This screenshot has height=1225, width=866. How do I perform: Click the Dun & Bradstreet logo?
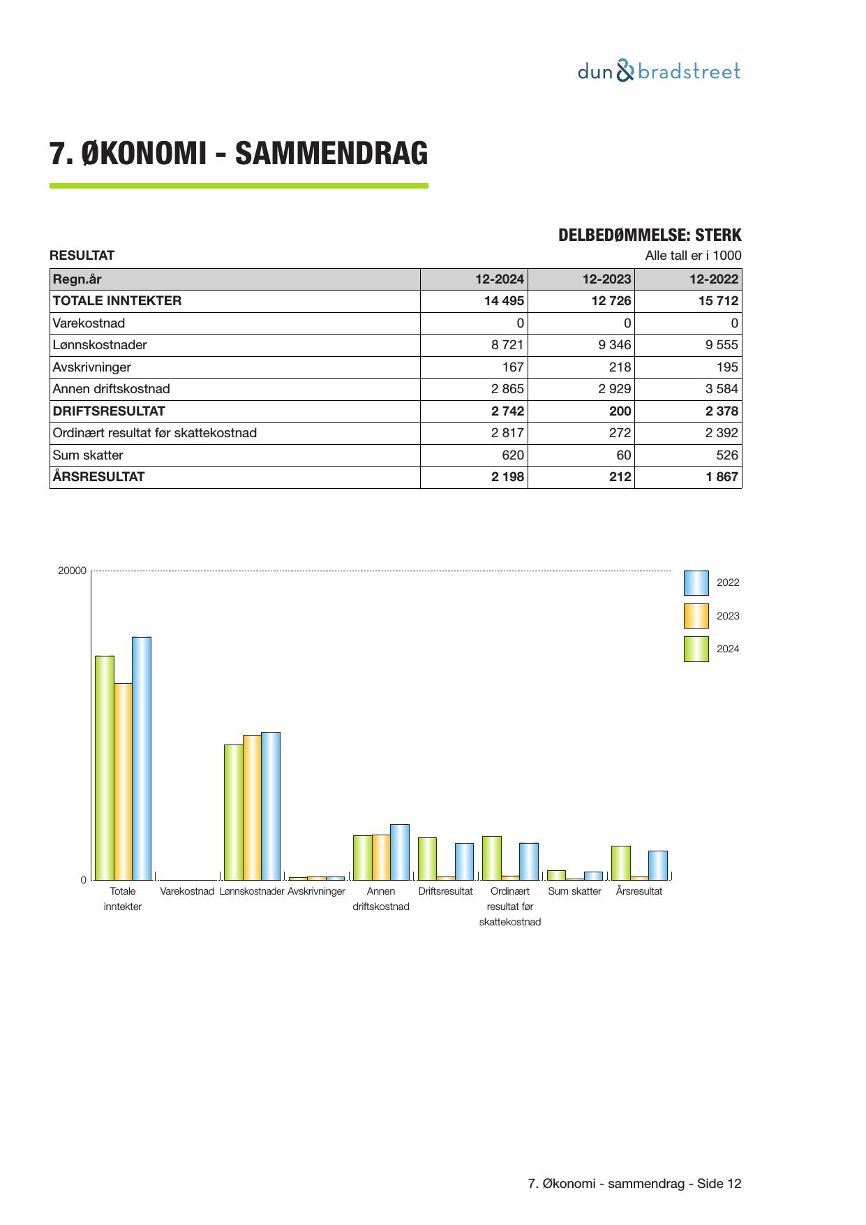coord(659,71)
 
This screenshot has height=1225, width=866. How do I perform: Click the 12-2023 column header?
coord(606,279)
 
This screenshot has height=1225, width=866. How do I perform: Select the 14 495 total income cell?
coord(500,301)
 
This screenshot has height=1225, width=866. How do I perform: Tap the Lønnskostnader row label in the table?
coord(100,345)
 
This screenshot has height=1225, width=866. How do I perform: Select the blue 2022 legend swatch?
coord(696,582)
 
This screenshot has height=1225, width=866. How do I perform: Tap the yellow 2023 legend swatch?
coord(696,616)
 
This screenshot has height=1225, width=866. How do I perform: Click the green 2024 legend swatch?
coord(696,649)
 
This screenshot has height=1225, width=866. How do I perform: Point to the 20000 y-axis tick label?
coord(72,571)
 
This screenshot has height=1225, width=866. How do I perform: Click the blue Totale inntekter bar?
coord(142,758)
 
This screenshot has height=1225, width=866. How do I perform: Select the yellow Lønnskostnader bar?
coord(252,807)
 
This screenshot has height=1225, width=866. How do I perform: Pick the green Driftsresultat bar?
coord(427,858)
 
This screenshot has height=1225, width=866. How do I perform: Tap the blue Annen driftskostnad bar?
coord(400,852)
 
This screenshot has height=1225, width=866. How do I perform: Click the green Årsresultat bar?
coord(620,863)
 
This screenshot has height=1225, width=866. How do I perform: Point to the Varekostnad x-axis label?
coord(187,891)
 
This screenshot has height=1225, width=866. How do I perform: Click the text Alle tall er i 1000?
coord(693,256)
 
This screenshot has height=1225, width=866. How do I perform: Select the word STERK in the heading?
coord(718,235)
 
